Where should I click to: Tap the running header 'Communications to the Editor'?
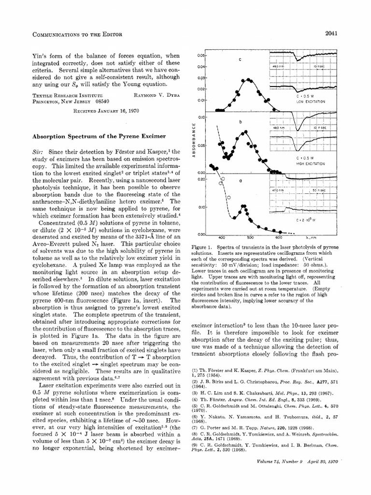70,33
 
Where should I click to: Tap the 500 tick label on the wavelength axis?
250,238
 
